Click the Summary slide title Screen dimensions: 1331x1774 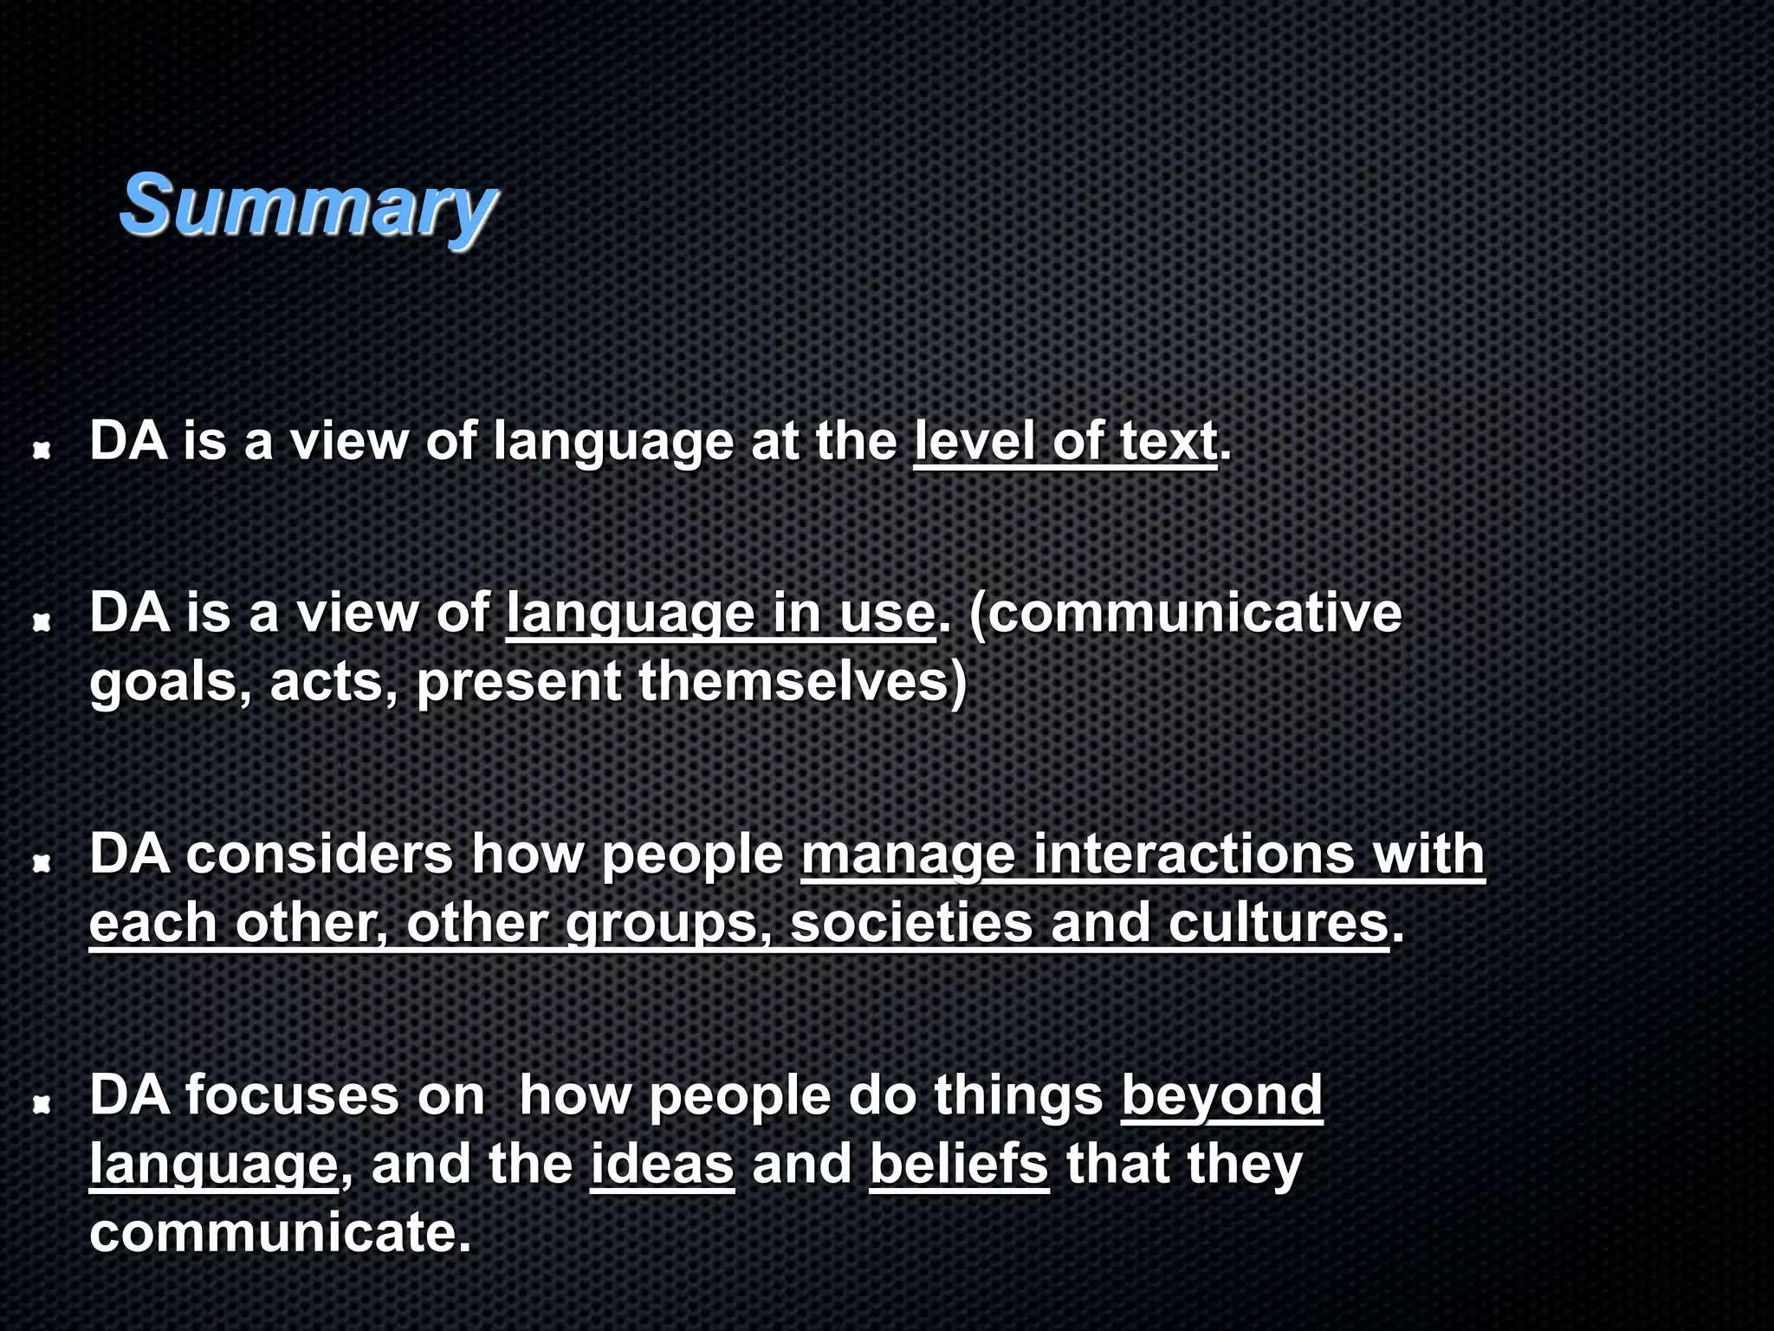308,205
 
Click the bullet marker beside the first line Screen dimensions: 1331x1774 41,450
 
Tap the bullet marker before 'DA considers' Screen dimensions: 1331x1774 41,863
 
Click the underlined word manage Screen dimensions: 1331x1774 907,855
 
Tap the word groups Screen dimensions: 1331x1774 665,924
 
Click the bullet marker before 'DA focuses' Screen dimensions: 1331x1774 41,1104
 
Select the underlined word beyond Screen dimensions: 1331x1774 1221,1096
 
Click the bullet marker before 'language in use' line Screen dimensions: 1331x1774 41,621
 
